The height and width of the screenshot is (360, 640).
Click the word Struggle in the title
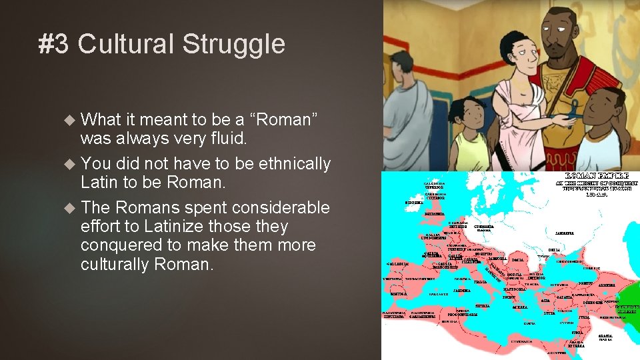tap(233, 45)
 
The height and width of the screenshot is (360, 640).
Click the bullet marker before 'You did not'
tap(69, 163)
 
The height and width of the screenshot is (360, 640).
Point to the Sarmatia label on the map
tap(565, 233)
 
